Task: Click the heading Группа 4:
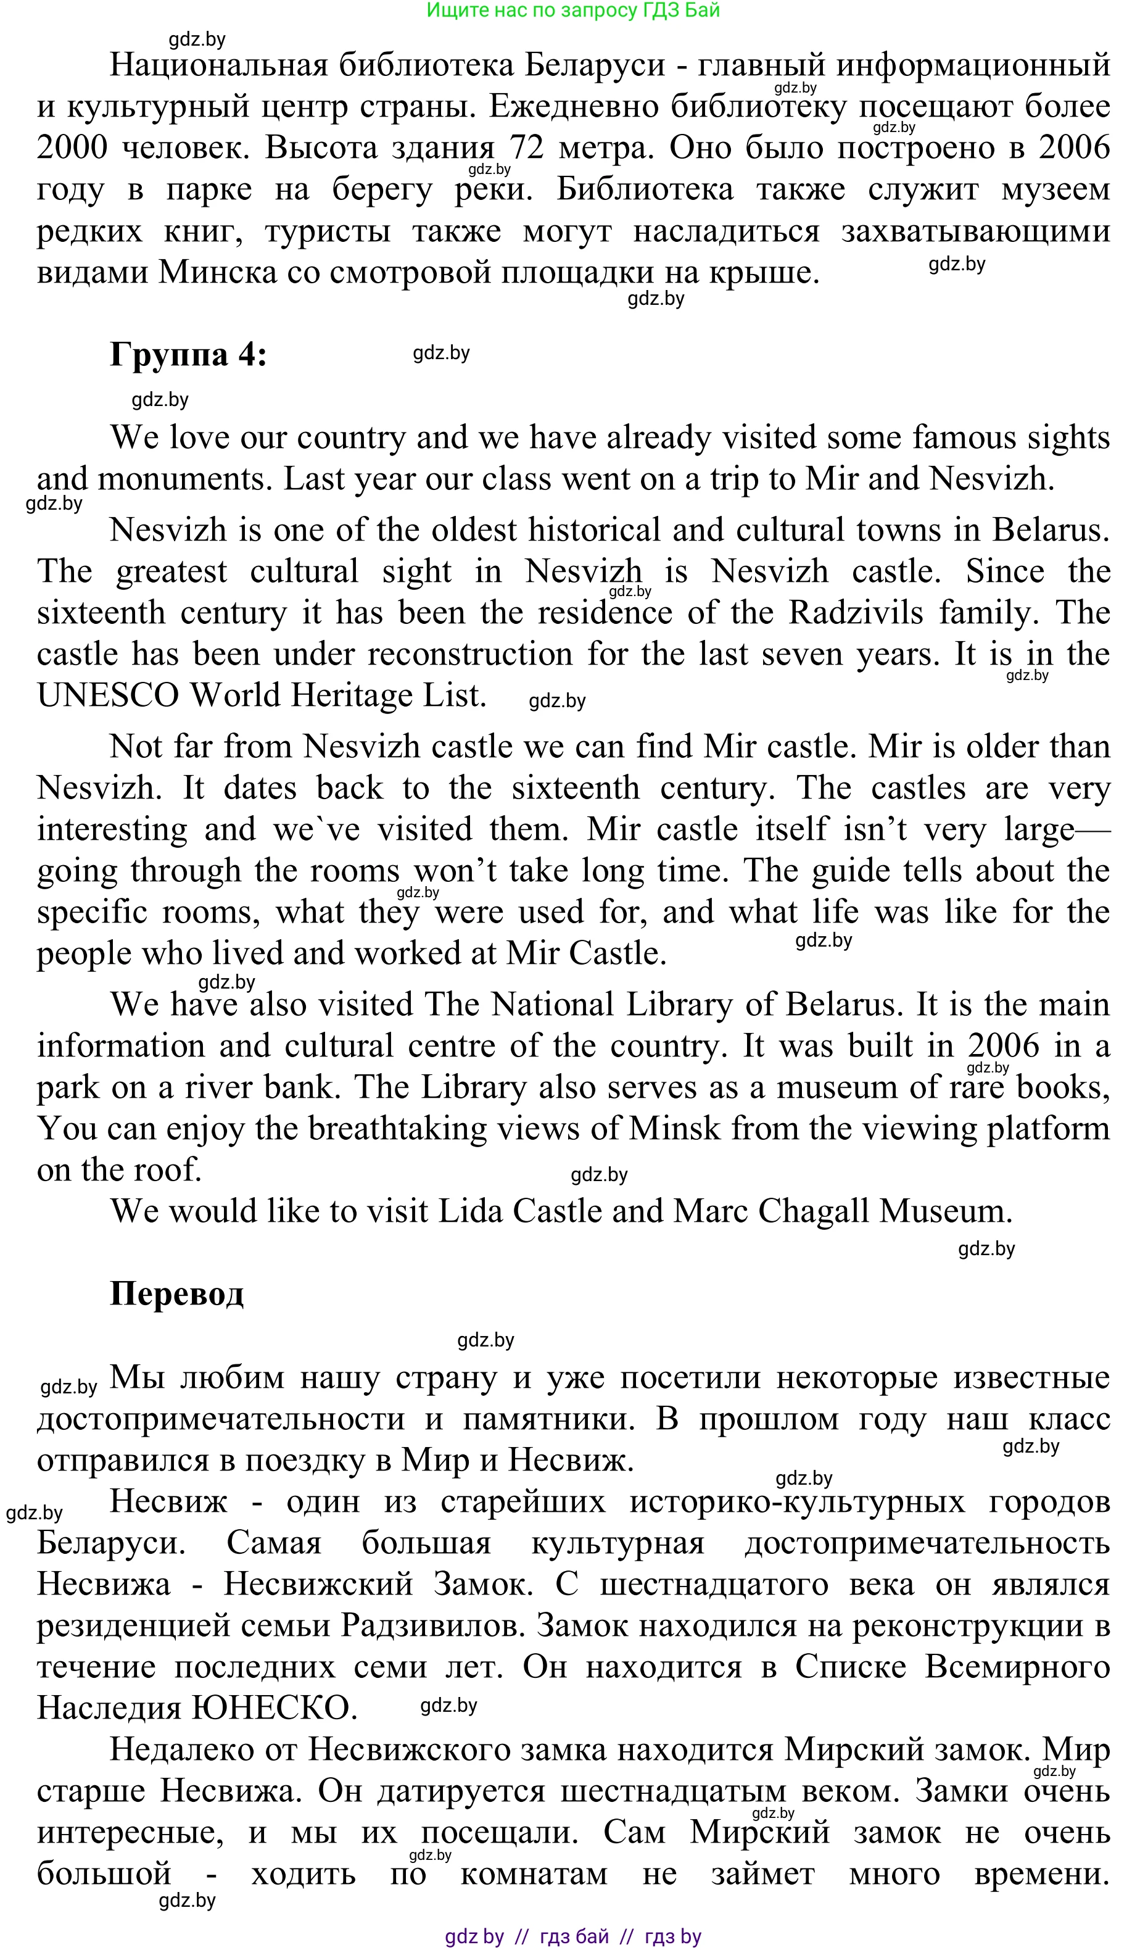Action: click(x=188, y=355)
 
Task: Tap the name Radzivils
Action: click(x=856, y=613)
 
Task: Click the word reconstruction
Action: click(x=469, y=655)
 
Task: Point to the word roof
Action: click(x=171, y=1170)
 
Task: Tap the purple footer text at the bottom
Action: click(x=573, y=1936)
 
